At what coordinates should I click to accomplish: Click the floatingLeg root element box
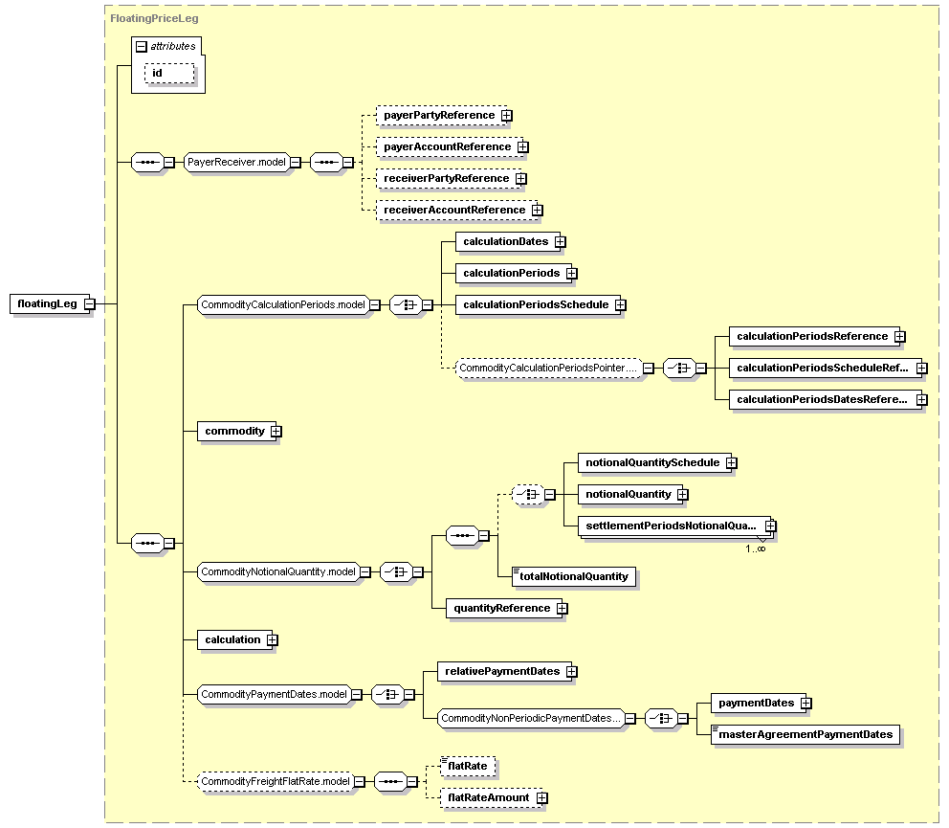(50, 303)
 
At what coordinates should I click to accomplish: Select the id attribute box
(169, 74)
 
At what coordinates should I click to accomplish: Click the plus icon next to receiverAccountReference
(538, 211)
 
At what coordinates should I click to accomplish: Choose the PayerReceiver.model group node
(236, 162)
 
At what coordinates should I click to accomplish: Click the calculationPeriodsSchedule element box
(538, 304)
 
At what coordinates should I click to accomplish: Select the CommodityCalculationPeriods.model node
(283, 304)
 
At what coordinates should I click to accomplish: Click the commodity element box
(236, 432)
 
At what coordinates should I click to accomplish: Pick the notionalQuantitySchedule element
(654, 462)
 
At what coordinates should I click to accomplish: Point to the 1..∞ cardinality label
(756, 548)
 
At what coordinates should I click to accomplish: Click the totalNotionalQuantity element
(574, 576)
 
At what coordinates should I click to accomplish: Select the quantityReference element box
(504, 608)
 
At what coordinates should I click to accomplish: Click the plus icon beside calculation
(273, 639)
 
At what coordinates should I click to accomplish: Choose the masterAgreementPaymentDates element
(806, 735)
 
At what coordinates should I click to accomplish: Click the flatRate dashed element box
(467, 766)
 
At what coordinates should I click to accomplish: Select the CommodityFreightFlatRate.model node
(276, 781)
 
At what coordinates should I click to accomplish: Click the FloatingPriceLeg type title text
(154, 18)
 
